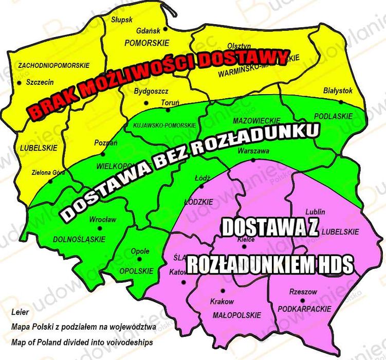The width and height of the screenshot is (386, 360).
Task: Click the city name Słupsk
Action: [122, 20]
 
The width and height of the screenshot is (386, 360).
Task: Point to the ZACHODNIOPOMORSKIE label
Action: [53, 65]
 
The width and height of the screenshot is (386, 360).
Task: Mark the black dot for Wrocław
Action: [100, 228]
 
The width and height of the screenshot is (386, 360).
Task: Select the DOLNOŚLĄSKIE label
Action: [83, 239]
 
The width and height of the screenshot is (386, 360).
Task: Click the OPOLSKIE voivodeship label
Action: [136, 271]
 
